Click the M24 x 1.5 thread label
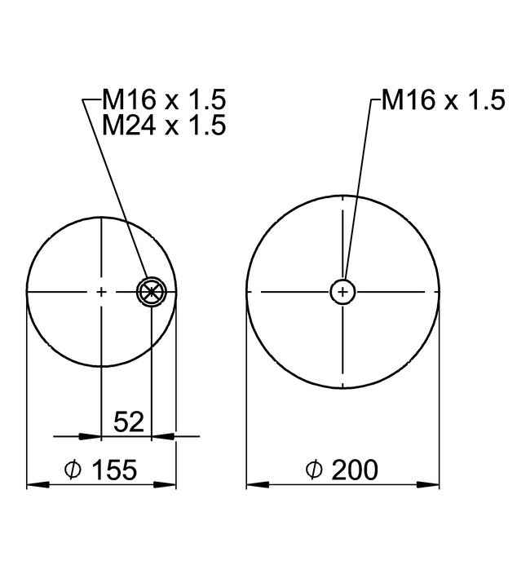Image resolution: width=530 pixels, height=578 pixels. [164, 126]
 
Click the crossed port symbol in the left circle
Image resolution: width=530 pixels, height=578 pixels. [152, 291]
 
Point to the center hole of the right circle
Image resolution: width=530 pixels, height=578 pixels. [343, 291]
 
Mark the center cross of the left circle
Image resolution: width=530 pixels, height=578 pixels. [101, 291]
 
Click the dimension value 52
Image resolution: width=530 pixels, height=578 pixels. [129, 421]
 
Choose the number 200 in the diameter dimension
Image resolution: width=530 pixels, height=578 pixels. [352, 470]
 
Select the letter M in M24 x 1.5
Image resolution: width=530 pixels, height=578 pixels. [113, 126]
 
